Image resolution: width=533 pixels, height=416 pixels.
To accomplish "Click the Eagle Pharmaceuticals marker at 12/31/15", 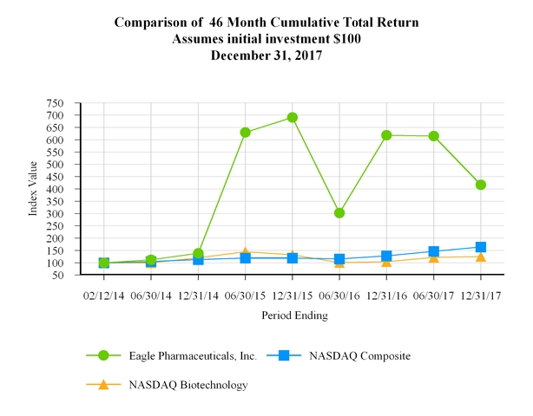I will (x=293, y=118).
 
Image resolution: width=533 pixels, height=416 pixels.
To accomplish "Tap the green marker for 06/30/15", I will (x=246, y=133).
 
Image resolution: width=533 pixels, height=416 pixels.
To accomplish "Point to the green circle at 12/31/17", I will (x=480, y=185).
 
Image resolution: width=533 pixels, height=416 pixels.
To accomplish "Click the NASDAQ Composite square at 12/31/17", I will (x=480, y=247).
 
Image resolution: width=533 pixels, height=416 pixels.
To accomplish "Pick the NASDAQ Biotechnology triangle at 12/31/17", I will (x=480, y=257).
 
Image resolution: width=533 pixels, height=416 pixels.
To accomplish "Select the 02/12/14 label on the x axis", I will (x=103, y=295).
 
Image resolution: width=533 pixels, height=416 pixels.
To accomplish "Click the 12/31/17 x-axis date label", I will (x=480, y=295).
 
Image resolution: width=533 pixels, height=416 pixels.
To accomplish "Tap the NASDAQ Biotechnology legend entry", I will (x=188, y=385).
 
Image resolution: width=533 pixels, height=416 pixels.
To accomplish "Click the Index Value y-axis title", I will (x=34, y=189).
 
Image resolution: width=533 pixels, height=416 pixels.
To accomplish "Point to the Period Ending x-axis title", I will (x=294, y=316).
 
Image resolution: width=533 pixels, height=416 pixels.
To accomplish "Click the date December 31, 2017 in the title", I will (x=266, y=55).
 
